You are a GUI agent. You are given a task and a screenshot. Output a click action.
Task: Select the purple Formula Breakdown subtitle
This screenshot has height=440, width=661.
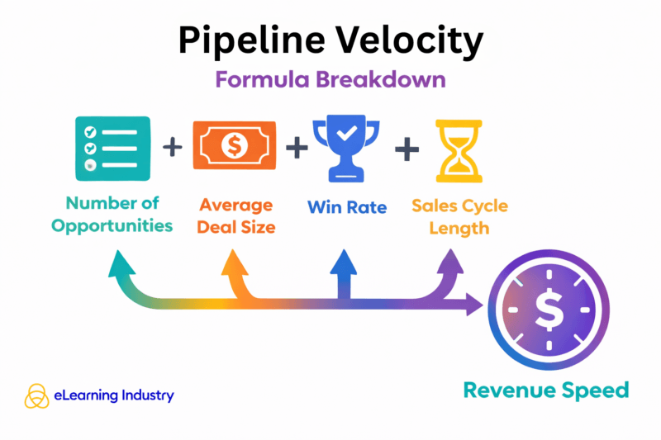(330, 80)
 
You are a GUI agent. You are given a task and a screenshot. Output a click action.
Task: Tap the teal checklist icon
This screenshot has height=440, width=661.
(112, 149)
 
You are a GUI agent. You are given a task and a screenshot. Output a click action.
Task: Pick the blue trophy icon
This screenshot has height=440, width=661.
(345, 149)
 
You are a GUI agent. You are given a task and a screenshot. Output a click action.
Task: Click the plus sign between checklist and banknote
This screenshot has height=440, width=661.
(172, 148)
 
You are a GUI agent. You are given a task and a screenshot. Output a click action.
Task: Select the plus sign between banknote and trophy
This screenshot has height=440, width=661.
(295, 149)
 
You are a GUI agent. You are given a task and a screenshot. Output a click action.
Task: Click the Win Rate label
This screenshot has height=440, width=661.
(347, 206)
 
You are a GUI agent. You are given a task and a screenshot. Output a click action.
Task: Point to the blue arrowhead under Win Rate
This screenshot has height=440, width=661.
(344, 261)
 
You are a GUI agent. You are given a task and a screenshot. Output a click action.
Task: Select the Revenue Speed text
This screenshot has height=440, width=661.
(545, 390)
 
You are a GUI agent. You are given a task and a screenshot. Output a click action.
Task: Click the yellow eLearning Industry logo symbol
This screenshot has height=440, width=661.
(36, 395)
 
